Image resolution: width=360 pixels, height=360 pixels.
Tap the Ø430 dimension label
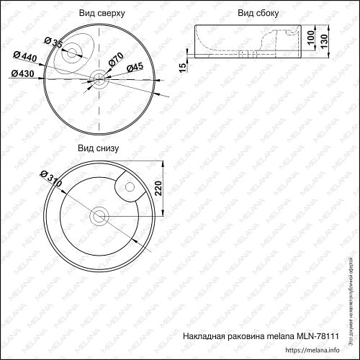[24, 73]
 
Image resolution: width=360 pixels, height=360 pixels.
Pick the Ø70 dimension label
[117, 60]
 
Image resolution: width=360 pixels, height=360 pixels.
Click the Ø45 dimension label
[135, 68]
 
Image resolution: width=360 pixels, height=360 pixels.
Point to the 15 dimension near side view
[184, 66]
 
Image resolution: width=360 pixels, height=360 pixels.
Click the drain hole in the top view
[99, 80]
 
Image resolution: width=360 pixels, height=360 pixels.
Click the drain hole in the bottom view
[99, 215]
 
